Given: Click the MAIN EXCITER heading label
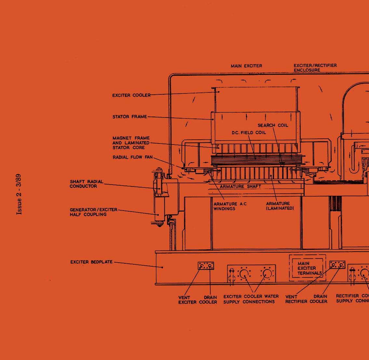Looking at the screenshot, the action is pos(246,66).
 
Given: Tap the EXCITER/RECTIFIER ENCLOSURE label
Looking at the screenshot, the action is pos(315,68).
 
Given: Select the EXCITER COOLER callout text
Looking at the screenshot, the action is pos(131,95).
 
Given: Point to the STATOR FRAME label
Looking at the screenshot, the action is pos(130,117).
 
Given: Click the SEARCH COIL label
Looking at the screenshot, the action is pos(273,125).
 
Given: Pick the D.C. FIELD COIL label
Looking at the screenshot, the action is pos(249,132).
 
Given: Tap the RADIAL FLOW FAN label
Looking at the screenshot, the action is pos(132,157).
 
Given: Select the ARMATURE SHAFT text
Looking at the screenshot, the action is pos(240,187).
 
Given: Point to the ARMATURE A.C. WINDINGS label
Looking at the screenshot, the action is pos(230,206).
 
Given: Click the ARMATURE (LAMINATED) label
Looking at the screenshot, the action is pos(280,206).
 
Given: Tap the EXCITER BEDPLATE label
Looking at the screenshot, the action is pos(91,262).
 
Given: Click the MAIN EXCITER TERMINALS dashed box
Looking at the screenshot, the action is pos(307,268).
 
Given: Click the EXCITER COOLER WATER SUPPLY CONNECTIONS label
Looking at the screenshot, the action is pos(251,299).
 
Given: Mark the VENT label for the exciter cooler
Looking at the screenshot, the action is pos(184,297).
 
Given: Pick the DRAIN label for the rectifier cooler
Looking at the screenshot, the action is pos(320,297).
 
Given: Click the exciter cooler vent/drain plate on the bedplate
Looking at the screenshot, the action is pos(206,266).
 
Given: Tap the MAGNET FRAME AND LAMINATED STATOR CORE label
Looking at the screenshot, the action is pos(131,143).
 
